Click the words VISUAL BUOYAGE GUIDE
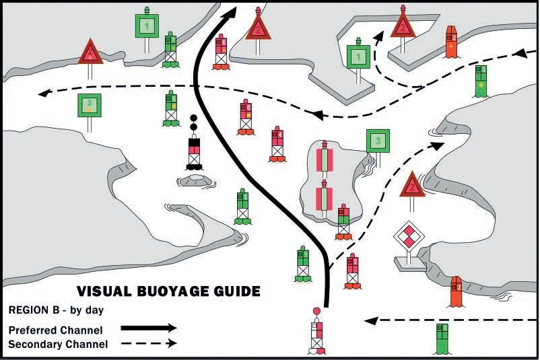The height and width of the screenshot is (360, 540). point(168,292)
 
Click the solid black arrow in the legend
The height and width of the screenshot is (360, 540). point(148,328)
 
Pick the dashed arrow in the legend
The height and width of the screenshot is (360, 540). point(148,343)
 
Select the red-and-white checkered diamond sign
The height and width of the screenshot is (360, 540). point(407,237)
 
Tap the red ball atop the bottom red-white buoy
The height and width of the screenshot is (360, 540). point(317,311)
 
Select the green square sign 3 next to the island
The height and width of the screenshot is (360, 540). point(378,141)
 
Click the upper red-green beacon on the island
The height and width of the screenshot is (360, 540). point(325,160)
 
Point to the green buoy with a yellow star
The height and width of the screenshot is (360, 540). point(480,81)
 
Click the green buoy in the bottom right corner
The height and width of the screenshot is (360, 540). point(442,337)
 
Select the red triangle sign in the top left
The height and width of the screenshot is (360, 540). point(90,52)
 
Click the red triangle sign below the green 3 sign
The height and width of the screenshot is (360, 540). point(411,184)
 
